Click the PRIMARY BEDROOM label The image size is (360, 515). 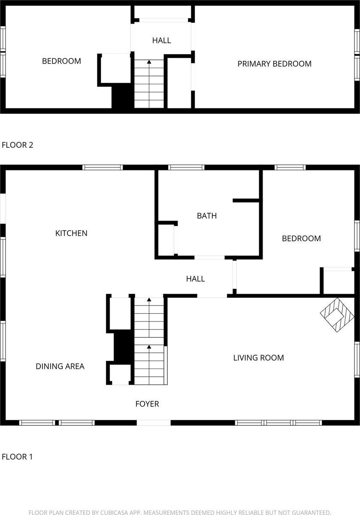tap(274, 64)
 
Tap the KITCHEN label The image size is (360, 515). tap(71, 233)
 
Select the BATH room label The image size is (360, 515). tap(207, 216)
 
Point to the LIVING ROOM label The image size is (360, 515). tap(258, 357)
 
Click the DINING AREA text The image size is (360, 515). tap(60, 366)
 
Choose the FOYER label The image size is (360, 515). tap(147, 404)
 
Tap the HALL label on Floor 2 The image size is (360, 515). tap(161, 40)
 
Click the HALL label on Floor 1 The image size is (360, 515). tap(195, 279)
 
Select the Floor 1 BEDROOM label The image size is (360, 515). tap(301, 239)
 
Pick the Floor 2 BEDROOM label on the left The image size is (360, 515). tap(61, 61)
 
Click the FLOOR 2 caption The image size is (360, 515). tap(18, 145)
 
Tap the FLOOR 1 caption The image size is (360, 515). tap(18, 457)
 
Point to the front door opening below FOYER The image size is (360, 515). tap(154, 423)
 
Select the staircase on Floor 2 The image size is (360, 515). tap(149, 84)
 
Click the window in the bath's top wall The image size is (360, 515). tap(186, 167)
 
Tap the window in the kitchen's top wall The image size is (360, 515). tap(103, 167)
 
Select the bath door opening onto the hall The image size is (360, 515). tap(209, 257)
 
